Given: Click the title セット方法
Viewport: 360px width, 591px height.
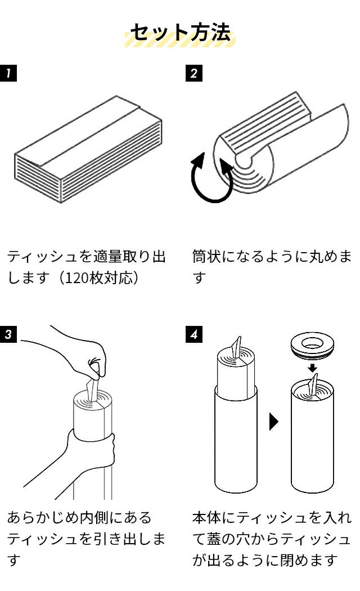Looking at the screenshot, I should (180, 33).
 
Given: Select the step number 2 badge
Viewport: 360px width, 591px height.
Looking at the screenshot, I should (194, 73).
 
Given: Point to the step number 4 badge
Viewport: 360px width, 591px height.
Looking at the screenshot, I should (194, 334).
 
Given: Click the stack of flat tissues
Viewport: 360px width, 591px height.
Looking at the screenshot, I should (87, 149).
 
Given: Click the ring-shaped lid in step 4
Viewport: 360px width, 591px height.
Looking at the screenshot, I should (313, 345).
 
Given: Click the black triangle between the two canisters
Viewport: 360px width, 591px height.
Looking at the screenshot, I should (274, 422).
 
